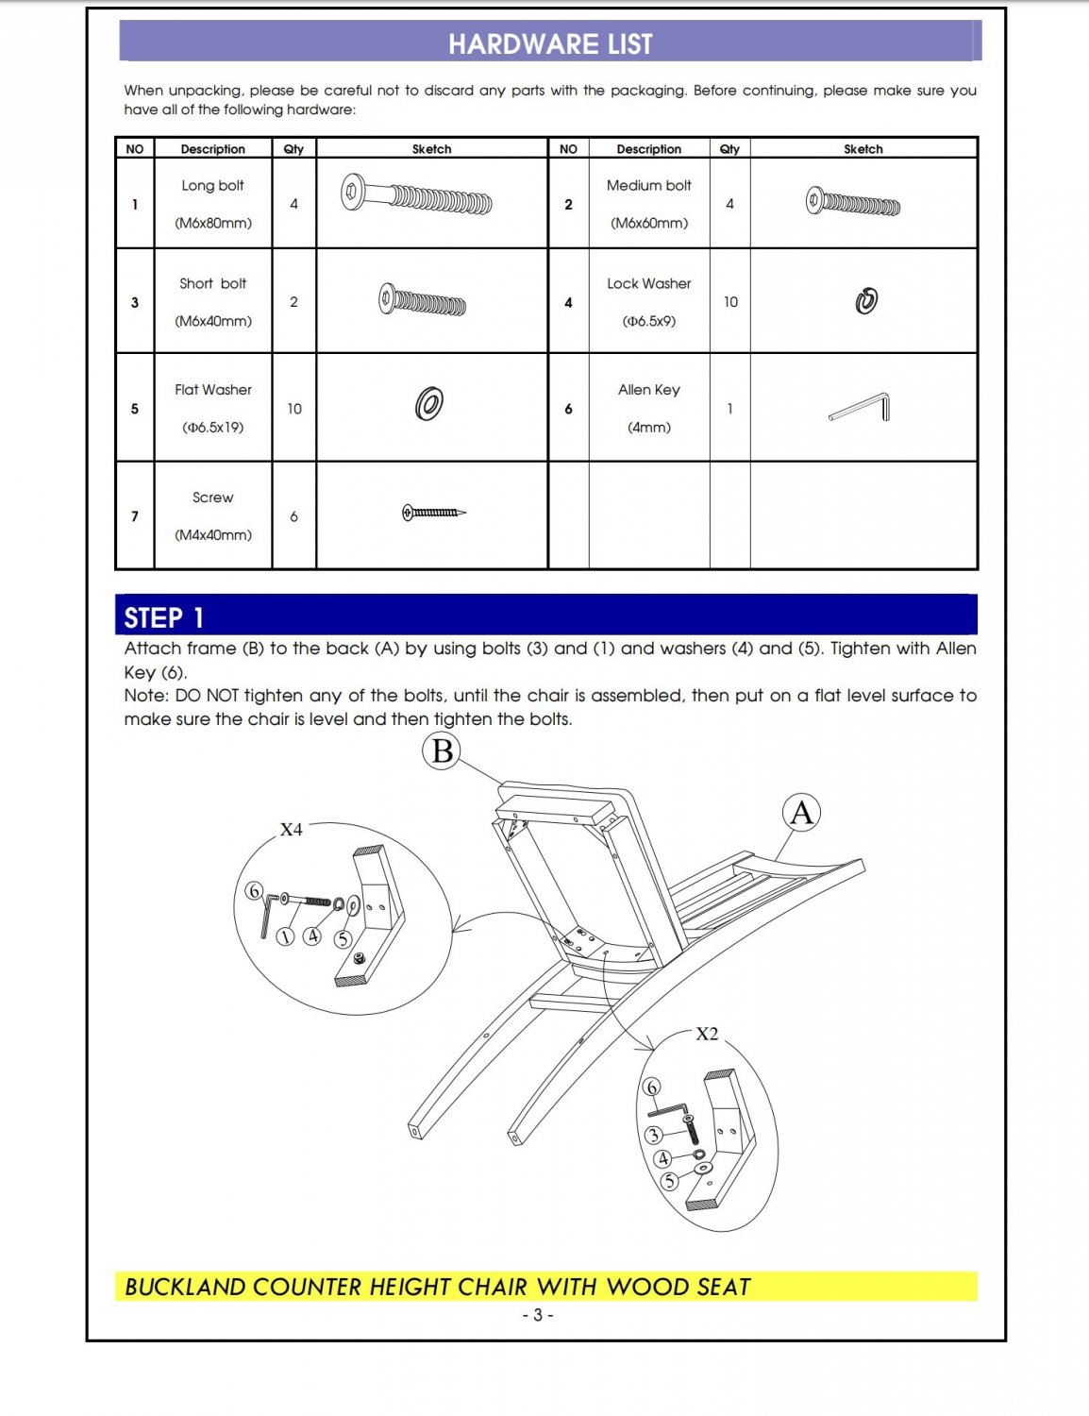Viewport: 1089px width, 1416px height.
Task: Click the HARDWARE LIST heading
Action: click(550, 44)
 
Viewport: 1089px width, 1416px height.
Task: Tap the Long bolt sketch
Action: click(416, 195)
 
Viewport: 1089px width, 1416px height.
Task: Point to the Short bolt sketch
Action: click(422, 300)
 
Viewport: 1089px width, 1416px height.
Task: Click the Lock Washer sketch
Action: click(866, 301)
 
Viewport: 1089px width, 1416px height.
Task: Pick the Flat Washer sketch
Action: click(429, 404)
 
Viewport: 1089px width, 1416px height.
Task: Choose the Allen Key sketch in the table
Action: click(861, 407)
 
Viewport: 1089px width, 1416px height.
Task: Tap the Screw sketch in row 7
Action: click(433, 513)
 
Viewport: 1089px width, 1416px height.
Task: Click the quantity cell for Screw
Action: click(293, 516)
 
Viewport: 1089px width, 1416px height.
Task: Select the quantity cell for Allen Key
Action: click(729, 409)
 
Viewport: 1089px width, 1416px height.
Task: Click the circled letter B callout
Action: click(442, 752)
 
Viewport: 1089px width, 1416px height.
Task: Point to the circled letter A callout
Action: click(801, 813)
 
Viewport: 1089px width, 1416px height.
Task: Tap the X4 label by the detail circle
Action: click(292, 830)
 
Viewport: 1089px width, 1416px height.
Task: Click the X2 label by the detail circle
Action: click(707, 1035)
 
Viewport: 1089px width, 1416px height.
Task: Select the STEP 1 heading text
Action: click(164, 617)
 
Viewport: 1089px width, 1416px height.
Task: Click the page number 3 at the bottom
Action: click(537, 1315)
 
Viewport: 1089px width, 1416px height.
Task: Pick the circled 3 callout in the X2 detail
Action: click(654, 1135)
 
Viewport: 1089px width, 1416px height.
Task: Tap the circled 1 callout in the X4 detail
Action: click(286, 936)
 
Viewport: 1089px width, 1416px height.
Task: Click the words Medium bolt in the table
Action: click(649, 186)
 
